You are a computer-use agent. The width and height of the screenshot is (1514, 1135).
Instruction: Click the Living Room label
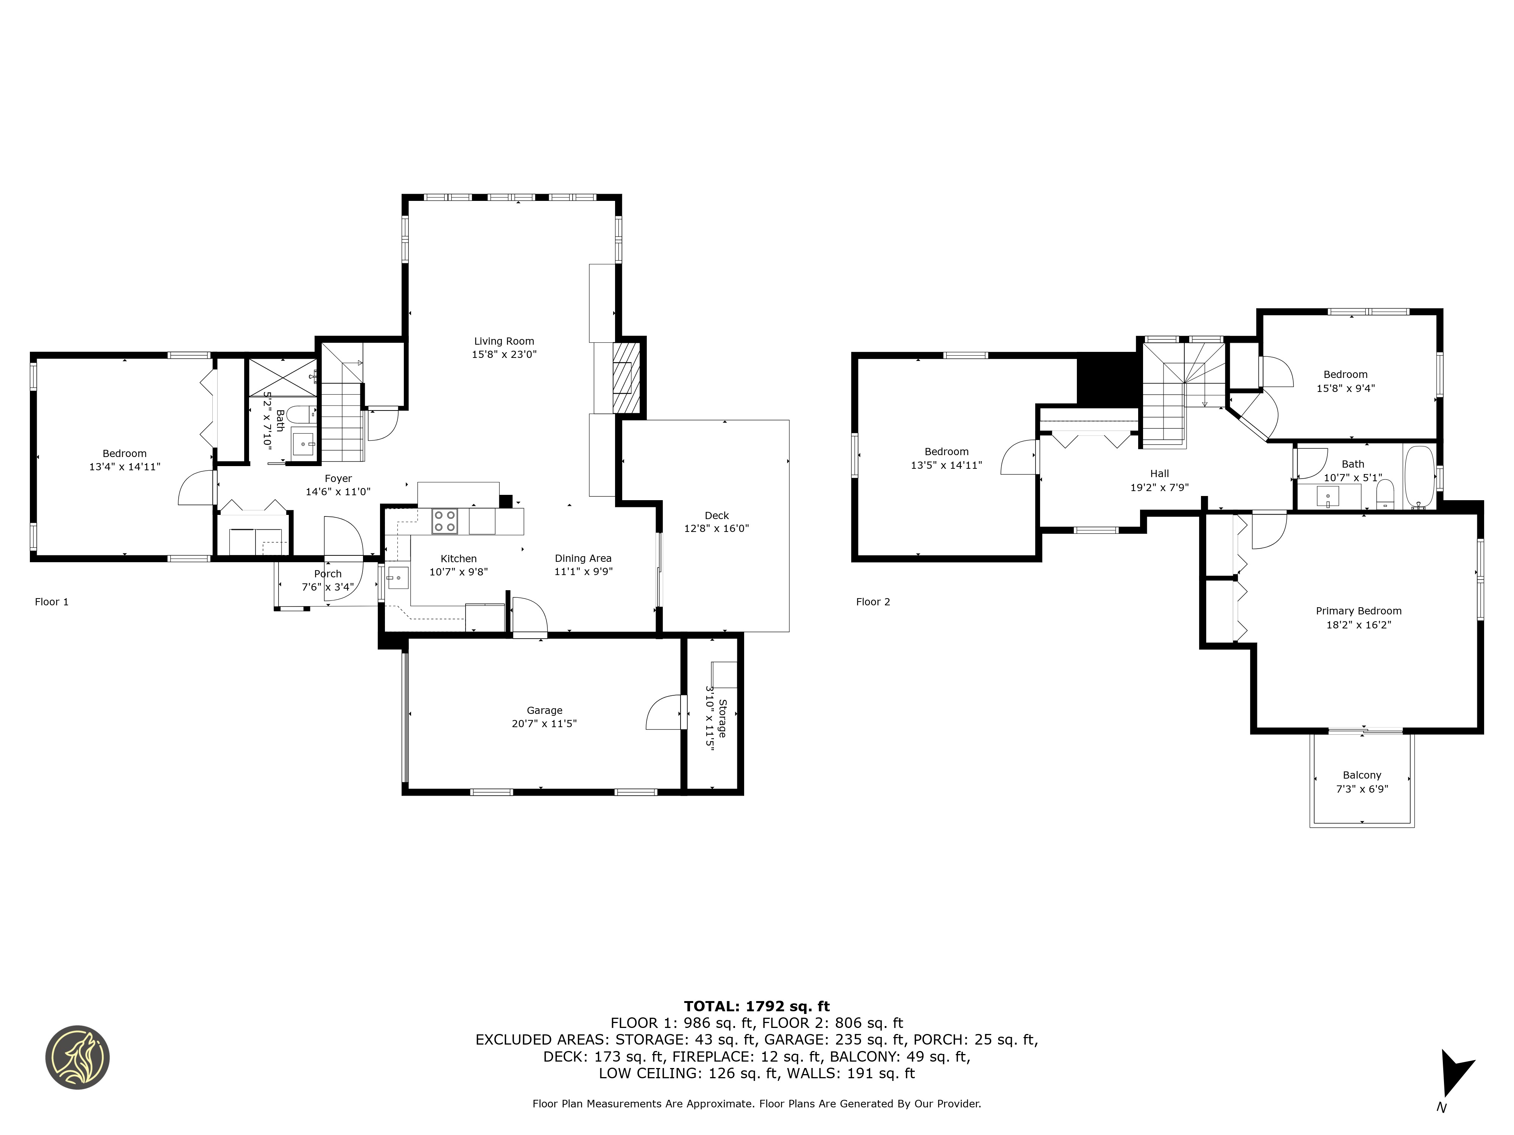pos(504,341)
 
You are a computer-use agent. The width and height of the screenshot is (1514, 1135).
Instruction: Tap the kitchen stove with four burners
pos(444,521)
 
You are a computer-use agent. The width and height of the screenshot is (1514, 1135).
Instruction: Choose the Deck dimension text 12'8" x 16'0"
pos(717,528)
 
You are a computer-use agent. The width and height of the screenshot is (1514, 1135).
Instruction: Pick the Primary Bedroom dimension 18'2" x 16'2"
pos(1359,625)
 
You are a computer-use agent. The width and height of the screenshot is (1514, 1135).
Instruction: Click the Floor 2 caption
pos(873,602)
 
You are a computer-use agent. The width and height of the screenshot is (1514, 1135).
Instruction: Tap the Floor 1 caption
pos(51,602)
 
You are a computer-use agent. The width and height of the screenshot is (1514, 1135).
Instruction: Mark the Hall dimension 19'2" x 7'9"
pos(1159,488)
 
